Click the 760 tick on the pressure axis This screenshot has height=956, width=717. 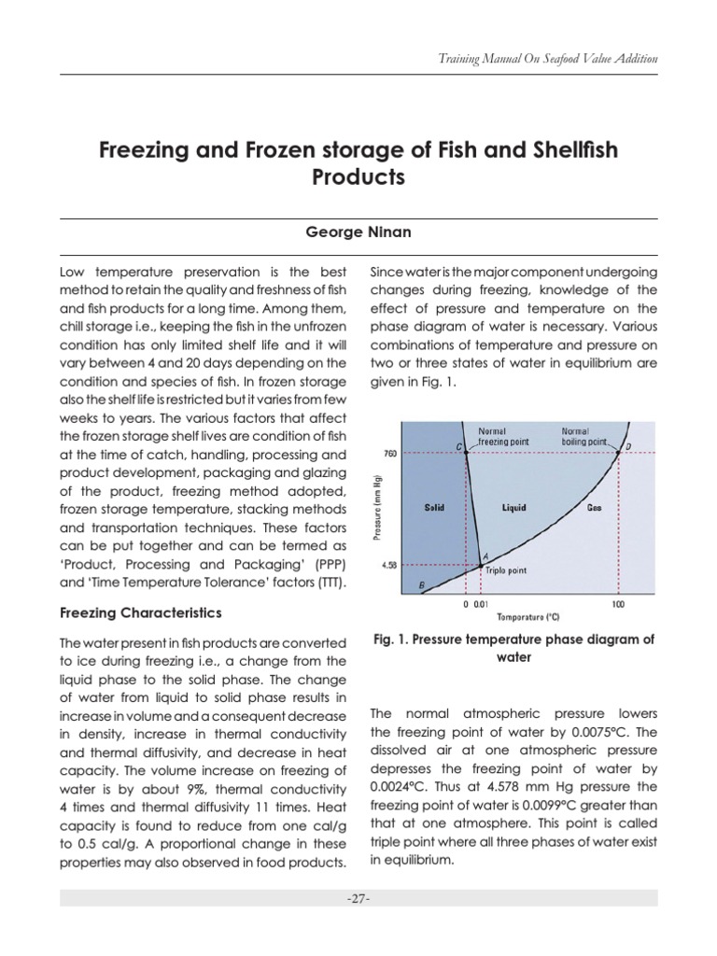[x=390, y=453]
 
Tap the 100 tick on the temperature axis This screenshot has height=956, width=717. [x=617, y=605]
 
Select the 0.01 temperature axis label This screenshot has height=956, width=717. [x=482, y=605]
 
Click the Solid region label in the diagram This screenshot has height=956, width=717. [x=433, y=508]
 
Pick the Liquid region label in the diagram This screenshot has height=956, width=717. [x=513, y=508]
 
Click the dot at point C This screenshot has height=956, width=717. [x=466, y=453]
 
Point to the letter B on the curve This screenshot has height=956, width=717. [x=422, y=585]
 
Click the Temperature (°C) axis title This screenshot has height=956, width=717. [x=527, y=617]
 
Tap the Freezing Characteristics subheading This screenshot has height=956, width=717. [x=140, y=613]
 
